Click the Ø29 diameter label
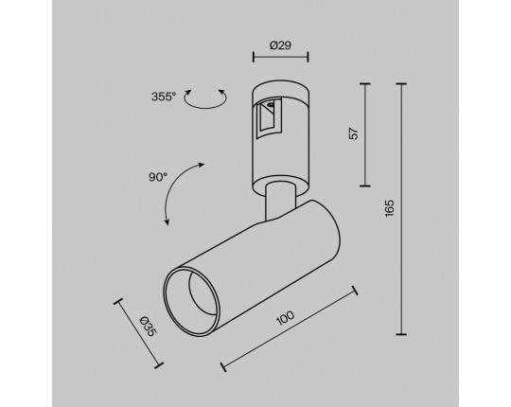click(x=280, y=45)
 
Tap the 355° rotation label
click(x=164, y=97)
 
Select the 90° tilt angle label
click(x=158, y=177)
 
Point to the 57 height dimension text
click(x=354, y=133)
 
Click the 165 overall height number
click(x=390, y=208)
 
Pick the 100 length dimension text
click(x=285, y=318)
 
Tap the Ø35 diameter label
click(x=149, y=327)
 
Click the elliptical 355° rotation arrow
click(x=205, y=107)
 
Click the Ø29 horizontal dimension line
click(x=281, y=57)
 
